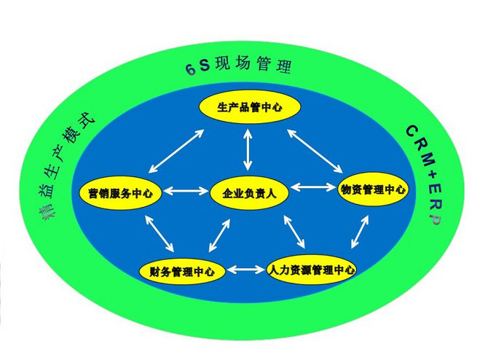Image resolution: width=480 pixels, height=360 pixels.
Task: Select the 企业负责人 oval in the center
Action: tap(249, 193)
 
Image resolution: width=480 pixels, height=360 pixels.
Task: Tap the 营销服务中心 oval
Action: tap(121, 193)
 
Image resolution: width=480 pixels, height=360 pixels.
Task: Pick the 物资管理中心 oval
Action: tap(374, 189)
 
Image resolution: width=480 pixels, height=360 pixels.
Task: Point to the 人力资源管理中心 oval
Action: tap(311, 270)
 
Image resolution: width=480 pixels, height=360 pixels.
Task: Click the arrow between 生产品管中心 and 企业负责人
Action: tap(249, 150)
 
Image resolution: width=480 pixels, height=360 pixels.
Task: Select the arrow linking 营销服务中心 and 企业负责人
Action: tap(186, 192)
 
